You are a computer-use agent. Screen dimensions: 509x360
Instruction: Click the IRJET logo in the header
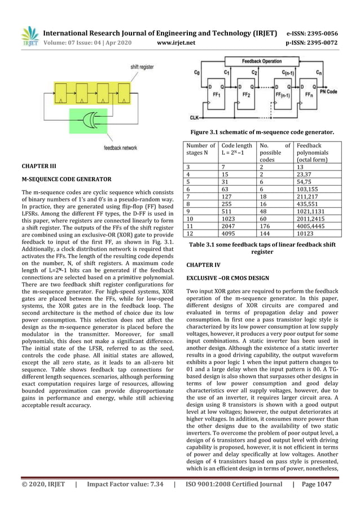coord(29,36)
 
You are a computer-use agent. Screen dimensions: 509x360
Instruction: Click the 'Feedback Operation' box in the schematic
coord(262,60)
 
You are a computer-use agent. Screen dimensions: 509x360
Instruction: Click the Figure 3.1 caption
coord(262,132)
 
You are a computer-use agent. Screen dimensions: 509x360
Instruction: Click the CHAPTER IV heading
coord(203,264)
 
